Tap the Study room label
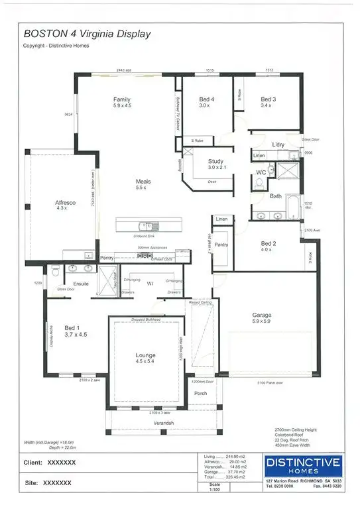(x=215, y=161)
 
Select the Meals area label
(x=144, y=181)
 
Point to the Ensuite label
(x=81, y=284)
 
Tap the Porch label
(x=200, y=394)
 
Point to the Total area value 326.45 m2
(x=233, y=477)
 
